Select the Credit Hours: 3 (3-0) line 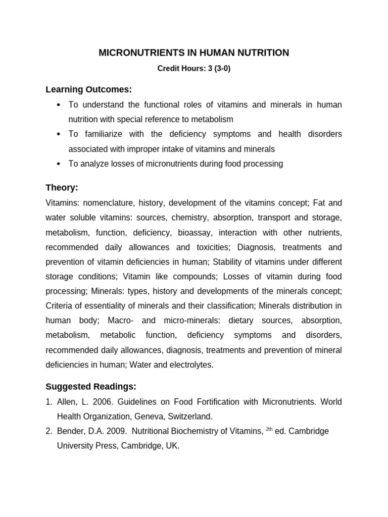(194, 69)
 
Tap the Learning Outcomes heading (88, 89)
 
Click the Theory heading (62, 188)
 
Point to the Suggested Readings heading (91, 387)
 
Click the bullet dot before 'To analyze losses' (59, 164)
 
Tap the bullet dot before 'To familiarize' (59, 134)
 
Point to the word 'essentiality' (102, 306)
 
